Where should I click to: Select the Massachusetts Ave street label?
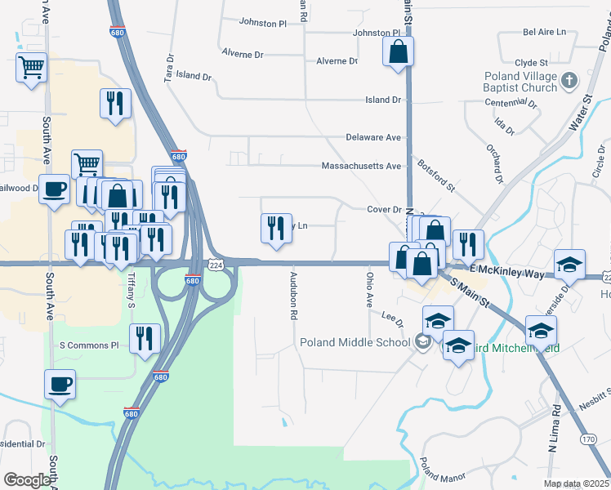(x=362, y=166)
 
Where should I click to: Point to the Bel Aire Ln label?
(x=545, y=33)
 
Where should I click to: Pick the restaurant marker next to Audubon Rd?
(x=276, y=228)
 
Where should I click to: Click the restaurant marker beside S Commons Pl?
(x=145, y=338)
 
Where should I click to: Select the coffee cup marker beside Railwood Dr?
(x=55, y=190)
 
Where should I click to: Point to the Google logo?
(x=27, y=479)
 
